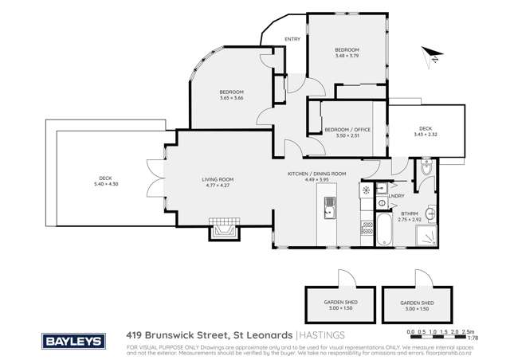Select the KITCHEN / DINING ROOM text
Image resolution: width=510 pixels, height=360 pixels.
coord(316,174)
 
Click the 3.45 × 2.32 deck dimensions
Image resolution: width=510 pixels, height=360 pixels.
coord(425,135)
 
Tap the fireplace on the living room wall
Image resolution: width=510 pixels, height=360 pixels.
coord(222,229)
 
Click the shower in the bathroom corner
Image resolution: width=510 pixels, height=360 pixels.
coord(427,233)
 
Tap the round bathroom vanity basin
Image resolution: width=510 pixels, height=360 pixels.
coord(431,213)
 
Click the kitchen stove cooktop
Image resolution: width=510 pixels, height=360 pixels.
coord(367,229)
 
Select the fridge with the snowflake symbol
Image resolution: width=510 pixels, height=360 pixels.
coord(366,191)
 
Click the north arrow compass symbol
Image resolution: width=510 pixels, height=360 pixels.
coord(433,56)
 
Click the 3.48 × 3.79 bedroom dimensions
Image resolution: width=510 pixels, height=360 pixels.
coord(347,56)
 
